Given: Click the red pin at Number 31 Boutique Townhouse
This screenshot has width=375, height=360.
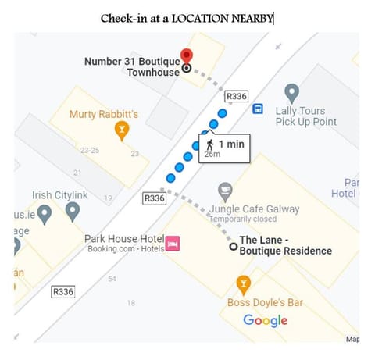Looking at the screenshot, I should (x=186, y=56).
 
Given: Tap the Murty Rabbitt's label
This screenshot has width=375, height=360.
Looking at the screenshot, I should (x=104, y=115).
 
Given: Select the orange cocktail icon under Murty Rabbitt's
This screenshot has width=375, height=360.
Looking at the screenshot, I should (x=121, y=130).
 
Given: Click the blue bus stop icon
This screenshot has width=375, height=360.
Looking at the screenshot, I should (x=258, y=109).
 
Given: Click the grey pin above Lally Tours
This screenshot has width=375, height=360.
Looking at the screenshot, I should (x=291, y=93).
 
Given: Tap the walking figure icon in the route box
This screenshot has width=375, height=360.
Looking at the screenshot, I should (x=209, y=144).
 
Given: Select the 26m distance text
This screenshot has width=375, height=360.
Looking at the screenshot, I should (x=212, y=155).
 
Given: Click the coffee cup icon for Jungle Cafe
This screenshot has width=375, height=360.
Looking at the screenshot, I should (x=225, y=189).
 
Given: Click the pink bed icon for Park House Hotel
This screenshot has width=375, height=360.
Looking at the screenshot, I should (x=173, y=244).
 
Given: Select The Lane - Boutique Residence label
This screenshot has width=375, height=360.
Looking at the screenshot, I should (x=285, y=245).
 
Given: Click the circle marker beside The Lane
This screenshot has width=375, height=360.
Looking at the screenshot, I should (x=233, y=247).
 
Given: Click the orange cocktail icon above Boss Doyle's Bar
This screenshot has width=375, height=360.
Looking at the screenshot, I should (x=244, y=283).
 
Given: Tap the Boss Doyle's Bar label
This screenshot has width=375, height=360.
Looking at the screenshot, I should (x=265, y=302).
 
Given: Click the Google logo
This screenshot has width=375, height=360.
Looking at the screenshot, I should (x=265, y=320).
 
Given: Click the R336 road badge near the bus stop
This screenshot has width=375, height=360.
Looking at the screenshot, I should (x=236, y=96).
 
